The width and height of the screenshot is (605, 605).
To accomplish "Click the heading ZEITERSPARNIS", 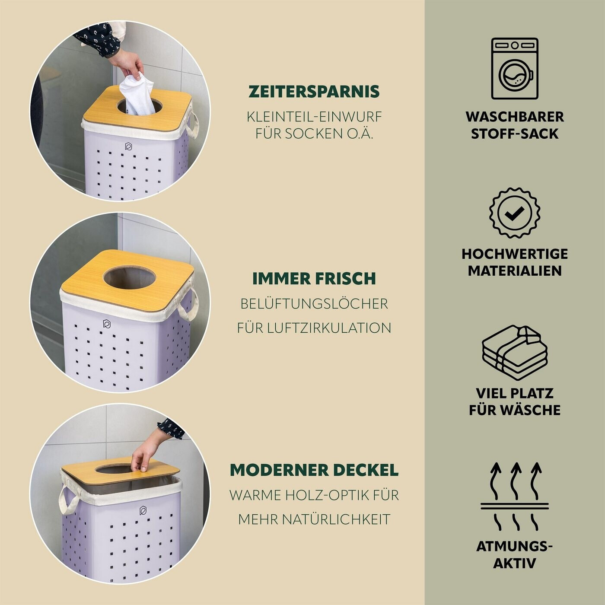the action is [314, 92].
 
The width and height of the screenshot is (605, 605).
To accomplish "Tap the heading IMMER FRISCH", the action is [314, 278].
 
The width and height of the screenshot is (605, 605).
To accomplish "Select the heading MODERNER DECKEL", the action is [314, 470].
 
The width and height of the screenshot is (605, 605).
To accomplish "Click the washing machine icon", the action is [515, 68].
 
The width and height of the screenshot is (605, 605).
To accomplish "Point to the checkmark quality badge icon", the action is [515, 213].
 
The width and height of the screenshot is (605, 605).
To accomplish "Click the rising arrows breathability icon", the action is [515, 496].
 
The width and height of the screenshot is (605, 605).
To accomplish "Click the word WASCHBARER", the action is [515, 117].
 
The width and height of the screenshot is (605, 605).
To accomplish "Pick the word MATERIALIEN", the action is [515, 271].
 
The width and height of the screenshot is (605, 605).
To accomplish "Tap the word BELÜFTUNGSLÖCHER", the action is [314, 303].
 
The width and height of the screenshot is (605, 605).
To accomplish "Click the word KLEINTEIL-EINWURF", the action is [314, 117].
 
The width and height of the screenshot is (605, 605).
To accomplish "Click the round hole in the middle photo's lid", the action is [129, 278].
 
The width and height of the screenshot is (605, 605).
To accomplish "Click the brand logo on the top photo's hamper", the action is [128, 146].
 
